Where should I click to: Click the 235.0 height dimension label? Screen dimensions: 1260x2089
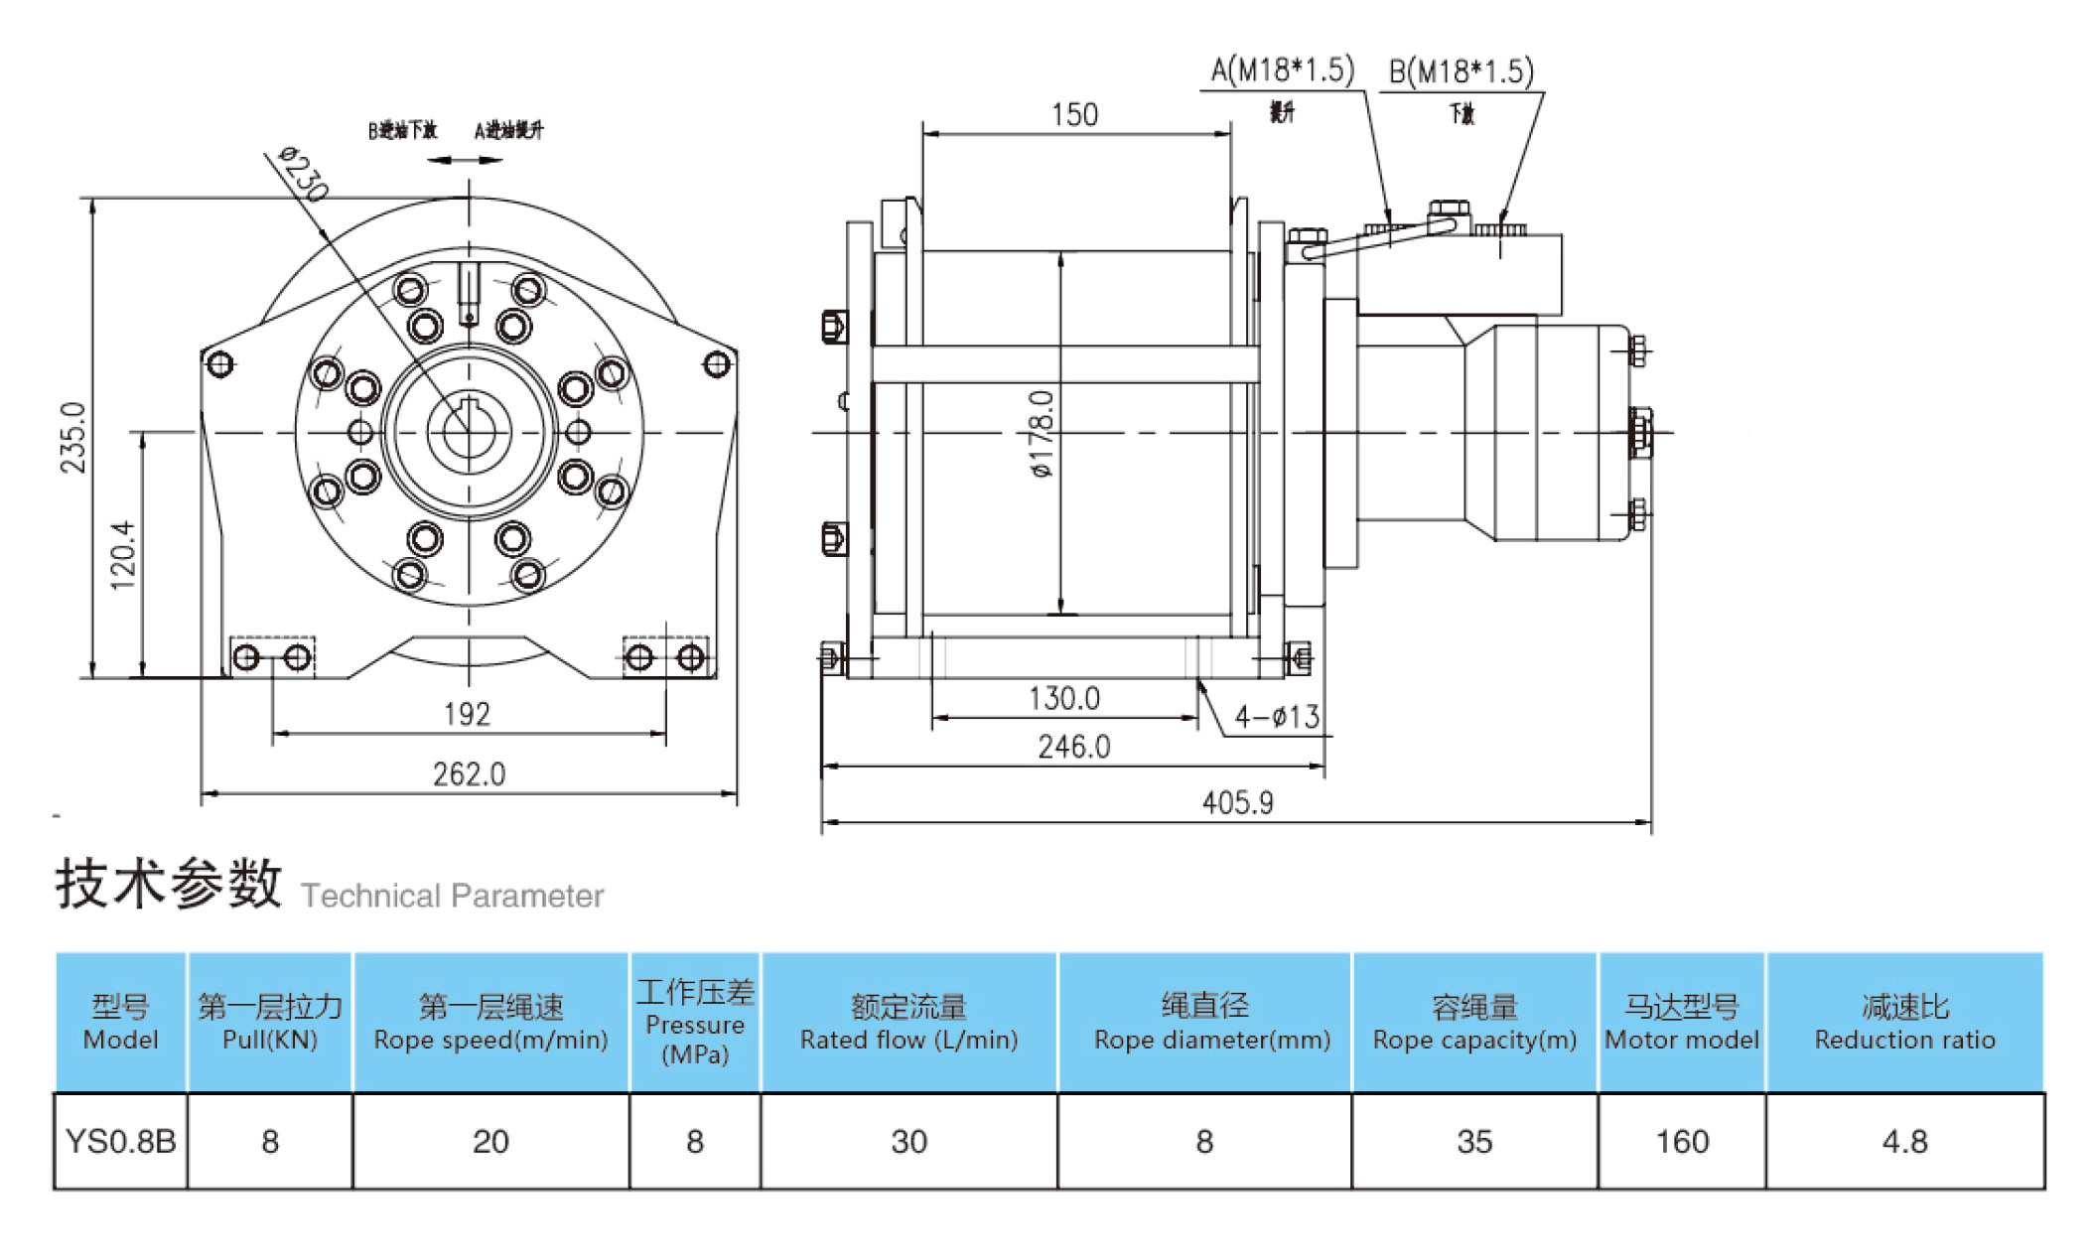(73, 437)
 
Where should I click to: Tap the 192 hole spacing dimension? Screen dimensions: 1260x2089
(467, 714)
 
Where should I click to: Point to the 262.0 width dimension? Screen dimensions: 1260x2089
(469, 773)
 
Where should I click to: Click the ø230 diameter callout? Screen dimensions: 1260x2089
(303, 173)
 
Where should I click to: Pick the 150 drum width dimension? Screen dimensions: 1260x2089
(1074, 115)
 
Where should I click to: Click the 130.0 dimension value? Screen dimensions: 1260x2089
(1063, 699)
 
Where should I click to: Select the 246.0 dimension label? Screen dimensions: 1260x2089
(1073, 747)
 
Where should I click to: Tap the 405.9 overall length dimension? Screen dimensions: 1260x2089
(1237, 802)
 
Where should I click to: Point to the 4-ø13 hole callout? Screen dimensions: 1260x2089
(1276, 716)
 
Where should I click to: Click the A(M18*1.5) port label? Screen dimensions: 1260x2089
(1282, 70)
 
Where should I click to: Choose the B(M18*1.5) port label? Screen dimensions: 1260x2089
(1461, 71)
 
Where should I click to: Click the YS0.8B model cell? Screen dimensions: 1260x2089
(120, 1142)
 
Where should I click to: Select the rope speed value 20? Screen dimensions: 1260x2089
(490, 1142)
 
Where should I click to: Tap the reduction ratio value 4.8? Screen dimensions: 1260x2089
(1904, 1142)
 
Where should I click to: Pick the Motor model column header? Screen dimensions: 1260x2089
(1681, 1023)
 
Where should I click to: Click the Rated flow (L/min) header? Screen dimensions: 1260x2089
(908, 1023)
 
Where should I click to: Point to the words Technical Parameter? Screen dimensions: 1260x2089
(452, 896)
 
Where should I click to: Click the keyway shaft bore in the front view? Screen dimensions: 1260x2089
(469, 432)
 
